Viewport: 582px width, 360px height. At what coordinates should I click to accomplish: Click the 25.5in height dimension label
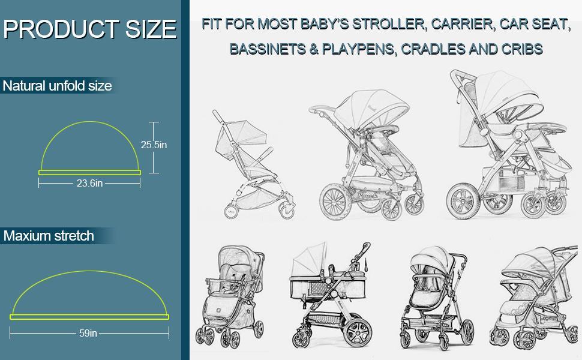154,145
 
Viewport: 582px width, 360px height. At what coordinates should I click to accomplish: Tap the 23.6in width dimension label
89,184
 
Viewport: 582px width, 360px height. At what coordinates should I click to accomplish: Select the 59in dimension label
88,333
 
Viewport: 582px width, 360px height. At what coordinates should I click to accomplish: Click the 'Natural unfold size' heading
57,86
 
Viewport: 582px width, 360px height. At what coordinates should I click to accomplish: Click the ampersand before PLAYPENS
314,49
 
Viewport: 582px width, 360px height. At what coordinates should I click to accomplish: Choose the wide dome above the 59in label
89,294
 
